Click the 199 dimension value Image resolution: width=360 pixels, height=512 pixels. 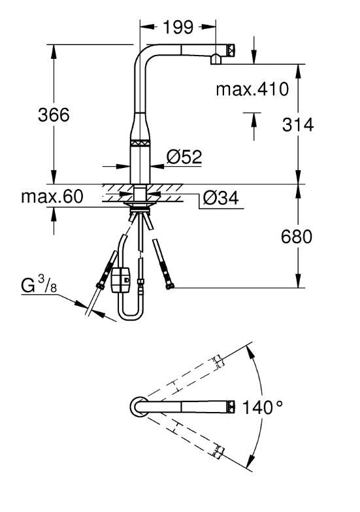click(x=178, y=27)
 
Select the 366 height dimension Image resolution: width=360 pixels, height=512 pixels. click(x=54, y=114)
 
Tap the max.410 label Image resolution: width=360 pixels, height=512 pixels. click(x=252, y=89)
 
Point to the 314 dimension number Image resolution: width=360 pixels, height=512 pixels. click(x=298, y=124)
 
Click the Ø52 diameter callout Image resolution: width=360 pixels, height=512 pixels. click(x=184, y=157)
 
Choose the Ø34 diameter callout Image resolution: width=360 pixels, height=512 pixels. click(x=221, y=197)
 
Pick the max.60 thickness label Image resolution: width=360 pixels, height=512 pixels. click(x=52, y=197)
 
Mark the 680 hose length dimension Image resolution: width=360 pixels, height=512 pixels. click(x=297, y=236)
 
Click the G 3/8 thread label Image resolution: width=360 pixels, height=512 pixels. click(x=39, y=284)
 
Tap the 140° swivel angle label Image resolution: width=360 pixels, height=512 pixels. click(x=263, y=407)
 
